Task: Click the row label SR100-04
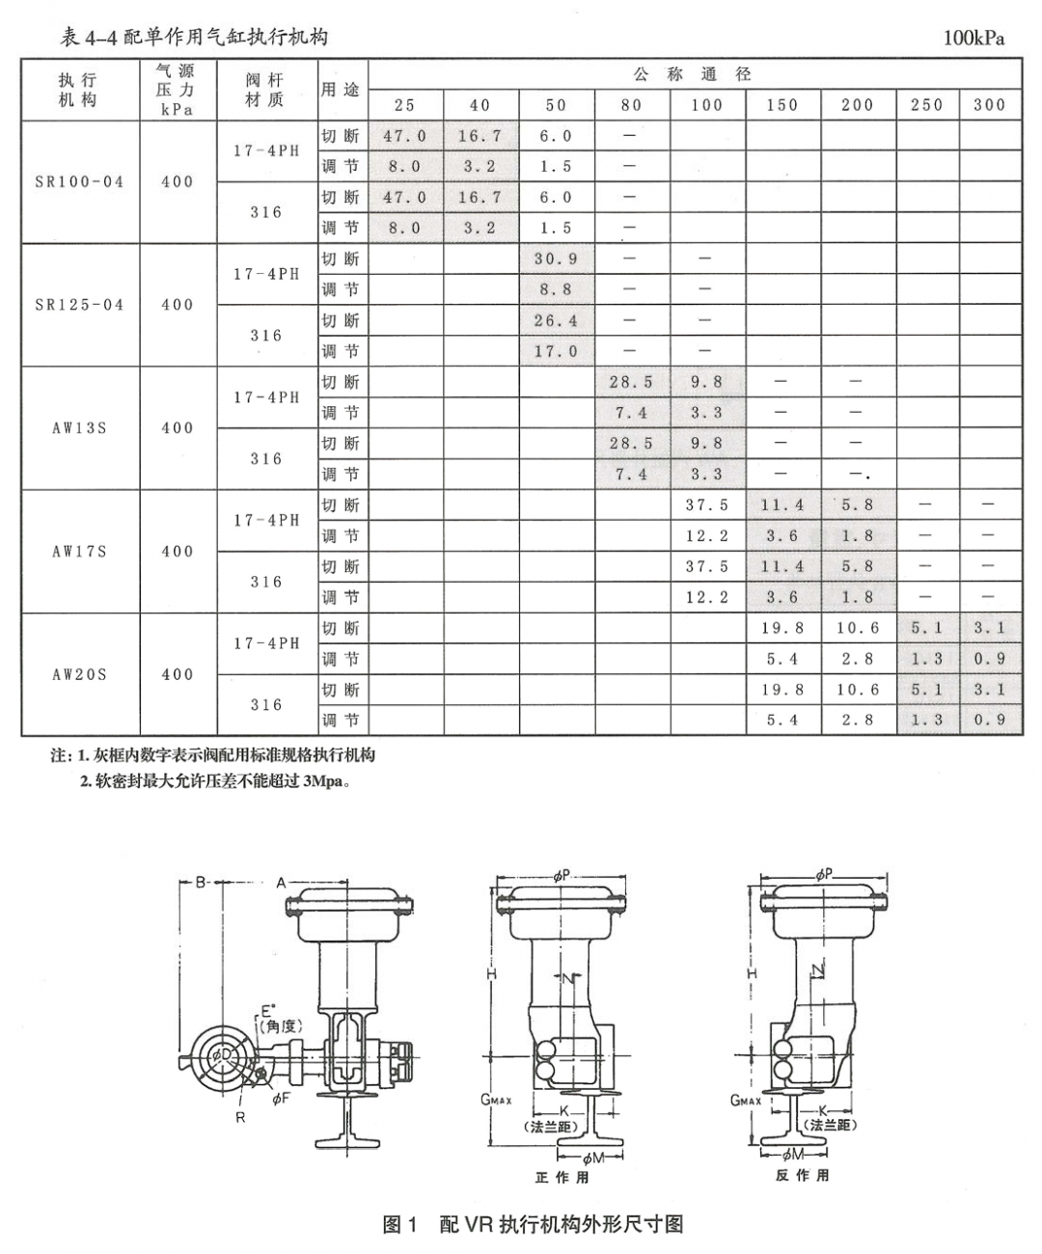(79, 181)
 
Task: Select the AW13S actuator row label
(79, 427)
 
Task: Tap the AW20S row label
(79, 674)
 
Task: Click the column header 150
(781, 105)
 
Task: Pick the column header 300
(989, 105)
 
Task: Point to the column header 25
(404, 105)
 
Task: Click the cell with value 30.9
(556, 259)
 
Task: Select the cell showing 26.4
(556, 321)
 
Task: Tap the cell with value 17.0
(556, 352)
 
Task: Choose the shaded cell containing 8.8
(556, 289)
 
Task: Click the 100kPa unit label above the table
(973, 39)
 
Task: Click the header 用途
(341, 90)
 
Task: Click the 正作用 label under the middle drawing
(562, 1177)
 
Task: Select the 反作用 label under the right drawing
(802, 1176)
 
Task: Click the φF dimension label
(281, 1099)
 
